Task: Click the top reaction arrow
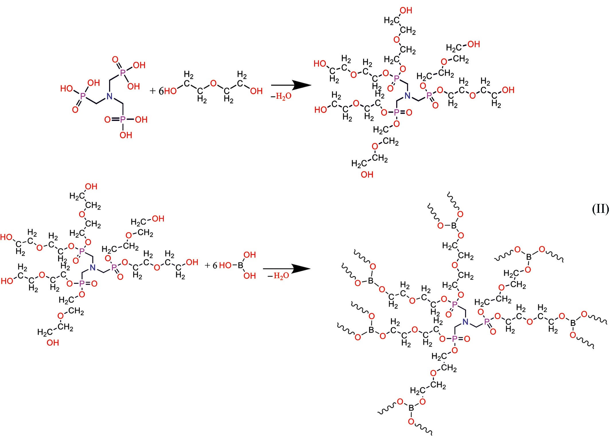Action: [291, 85]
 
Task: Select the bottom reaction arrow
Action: [287, 269]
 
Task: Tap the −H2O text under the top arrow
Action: [281, 96]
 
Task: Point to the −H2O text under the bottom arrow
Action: [278, 276]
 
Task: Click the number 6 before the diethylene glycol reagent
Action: [161, 91]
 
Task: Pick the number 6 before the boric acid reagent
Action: [215, 266]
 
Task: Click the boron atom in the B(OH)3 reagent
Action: [240, 266]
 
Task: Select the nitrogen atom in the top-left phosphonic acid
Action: [109, 96]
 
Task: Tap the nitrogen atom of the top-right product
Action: [407, 96]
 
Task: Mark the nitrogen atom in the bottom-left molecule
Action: [92, 268]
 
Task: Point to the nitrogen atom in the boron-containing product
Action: [465, 322]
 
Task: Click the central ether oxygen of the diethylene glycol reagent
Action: [213, 83]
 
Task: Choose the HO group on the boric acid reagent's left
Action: [225, 266]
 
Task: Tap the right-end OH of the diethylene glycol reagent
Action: [256, 91]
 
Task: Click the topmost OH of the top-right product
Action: [406, 11]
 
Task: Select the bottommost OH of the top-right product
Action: [367, 174]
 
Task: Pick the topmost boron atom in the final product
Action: [454, 226]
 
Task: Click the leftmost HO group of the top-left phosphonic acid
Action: [67, 88]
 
